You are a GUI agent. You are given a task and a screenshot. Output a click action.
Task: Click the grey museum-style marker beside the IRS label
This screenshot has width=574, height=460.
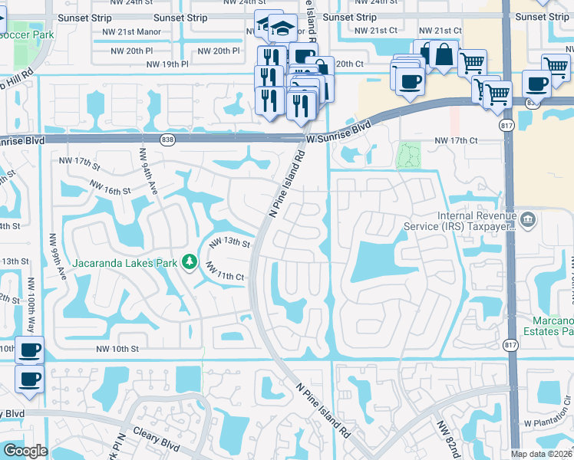[x=526, y=221]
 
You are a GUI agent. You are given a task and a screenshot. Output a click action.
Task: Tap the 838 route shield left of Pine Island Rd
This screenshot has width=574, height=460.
[x=168, y=140]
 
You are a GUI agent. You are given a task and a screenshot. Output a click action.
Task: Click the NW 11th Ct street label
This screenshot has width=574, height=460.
[x=224, y=271]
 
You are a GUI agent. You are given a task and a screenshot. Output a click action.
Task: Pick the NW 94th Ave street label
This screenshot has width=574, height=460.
[x=147, y=171]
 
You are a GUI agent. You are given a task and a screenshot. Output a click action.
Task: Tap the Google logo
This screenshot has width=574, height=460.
[x=25, y=451]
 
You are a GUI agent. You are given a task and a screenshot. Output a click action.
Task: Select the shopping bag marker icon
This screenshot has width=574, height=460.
[x=444, y=54]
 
